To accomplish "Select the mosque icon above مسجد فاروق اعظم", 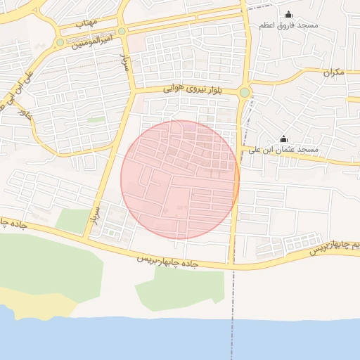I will [x=288, y=14].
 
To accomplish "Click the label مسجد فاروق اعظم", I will [x=288, y=25].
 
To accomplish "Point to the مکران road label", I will [x=334, y=72].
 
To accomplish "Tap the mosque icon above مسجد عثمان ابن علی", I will [x=284, y=139].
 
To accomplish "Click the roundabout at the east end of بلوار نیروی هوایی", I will [x=245, y=92].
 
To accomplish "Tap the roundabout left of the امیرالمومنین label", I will [x=60, y=42].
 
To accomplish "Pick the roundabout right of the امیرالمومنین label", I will [x=122, y=31].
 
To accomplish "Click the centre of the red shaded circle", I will [x=180, y=179].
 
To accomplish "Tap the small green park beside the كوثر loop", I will [x=96, y=120].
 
